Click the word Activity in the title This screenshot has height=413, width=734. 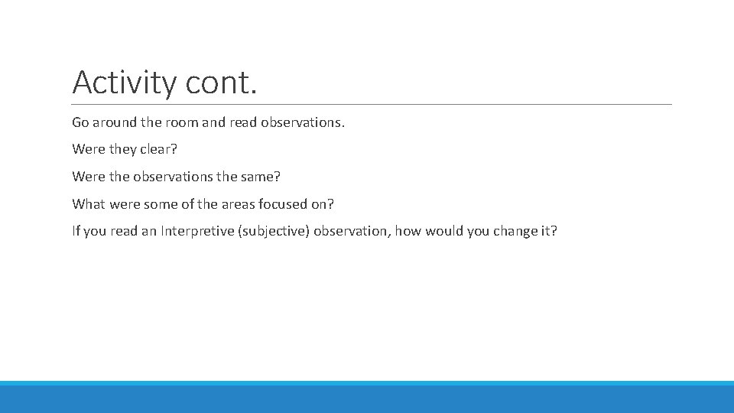(124, 83)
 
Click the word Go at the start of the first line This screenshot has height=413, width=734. (80, 122)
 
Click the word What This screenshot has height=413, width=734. (89, 204)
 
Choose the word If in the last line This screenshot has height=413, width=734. (76, 231)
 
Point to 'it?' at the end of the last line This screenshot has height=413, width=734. (550, 231)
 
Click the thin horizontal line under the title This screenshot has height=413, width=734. (372, 104)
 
